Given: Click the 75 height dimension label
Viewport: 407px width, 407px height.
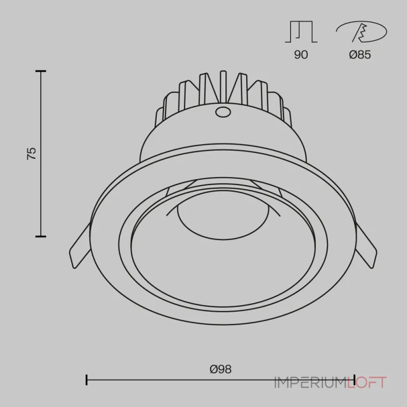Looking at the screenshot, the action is click(32, 154).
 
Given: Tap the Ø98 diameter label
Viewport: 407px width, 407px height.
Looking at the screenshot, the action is click(220, 369).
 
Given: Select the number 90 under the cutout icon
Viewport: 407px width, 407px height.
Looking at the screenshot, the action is click(301, 54).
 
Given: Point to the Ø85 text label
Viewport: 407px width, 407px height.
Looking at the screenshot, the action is click(360, 54).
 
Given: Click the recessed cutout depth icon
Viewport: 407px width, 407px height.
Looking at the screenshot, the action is click(301, 32).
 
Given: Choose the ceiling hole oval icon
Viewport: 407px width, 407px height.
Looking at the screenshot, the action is click(361, 32).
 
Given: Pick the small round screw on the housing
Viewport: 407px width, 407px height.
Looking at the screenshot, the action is click(223, 111).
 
